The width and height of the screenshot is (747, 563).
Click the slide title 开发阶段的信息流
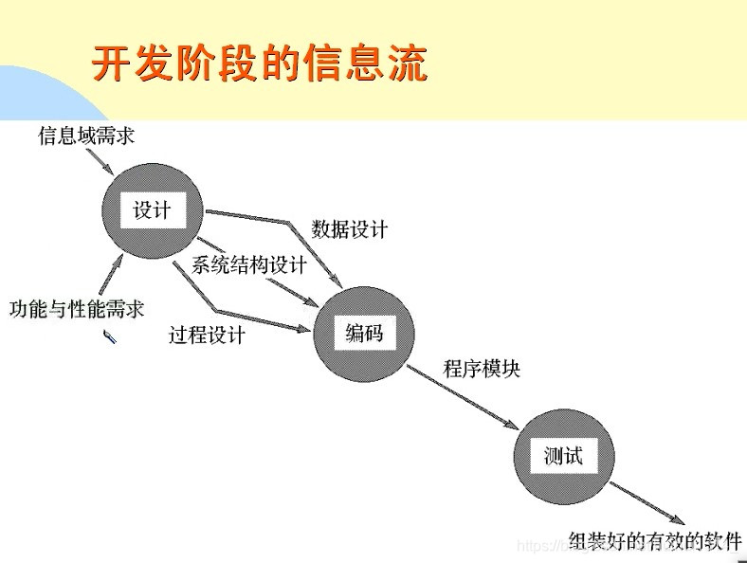[258, 64]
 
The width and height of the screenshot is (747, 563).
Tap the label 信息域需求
[86, 136]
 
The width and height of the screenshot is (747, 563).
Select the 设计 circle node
[152, 210]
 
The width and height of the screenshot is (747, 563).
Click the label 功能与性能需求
[77, 309]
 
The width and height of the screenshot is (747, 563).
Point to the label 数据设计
[349, 229]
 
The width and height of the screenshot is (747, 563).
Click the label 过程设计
[207, 335]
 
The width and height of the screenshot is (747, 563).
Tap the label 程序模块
[482, 369]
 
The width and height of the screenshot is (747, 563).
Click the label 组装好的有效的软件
[655, 541]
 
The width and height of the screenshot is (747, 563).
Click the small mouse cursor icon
[110, 336]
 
